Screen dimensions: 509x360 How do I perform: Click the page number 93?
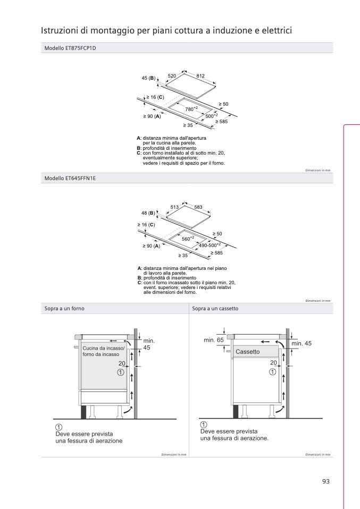[326, 481]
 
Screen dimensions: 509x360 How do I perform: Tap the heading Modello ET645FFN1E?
[70, 179]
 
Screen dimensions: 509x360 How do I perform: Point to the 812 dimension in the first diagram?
[200, 77]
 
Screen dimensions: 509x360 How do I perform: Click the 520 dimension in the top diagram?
[172, 77]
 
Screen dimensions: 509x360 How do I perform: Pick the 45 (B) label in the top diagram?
[149, 79]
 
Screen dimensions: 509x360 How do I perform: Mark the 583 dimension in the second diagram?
[198, 207]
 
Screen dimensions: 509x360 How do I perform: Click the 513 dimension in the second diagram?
[174, 207]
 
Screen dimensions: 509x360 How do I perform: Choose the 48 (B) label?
[148, 213]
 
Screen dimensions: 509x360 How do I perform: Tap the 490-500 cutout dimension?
[210, 245]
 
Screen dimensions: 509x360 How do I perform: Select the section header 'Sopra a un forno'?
[64, 308]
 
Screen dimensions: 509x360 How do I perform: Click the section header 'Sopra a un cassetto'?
[215, 308]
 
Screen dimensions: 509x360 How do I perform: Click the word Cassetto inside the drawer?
[247, 352]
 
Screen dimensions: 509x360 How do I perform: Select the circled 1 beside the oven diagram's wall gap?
[121, 372]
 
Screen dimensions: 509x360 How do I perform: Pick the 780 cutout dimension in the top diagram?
[190, 109]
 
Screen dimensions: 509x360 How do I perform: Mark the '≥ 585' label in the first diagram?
[221, 122]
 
